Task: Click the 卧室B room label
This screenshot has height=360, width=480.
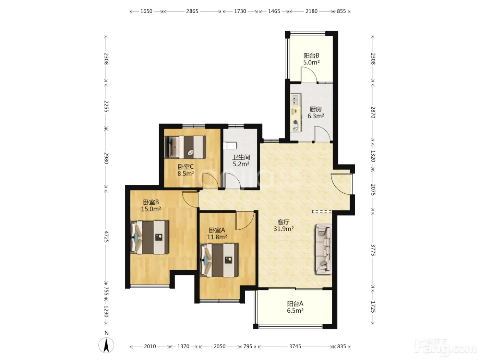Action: (151, 202)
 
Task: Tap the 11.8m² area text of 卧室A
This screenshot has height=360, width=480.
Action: (217, 237)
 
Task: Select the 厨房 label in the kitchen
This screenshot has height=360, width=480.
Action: (315, 109)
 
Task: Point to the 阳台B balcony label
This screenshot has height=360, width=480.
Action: (311, 56)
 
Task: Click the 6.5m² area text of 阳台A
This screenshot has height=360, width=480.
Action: (295, 311)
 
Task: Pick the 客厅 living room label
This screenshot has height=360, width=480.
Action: (284, 222)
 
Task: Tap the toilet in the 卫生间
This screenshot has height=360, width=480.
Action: (230, 146)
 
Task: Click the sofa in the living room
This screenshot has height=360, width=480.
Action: (323, 249)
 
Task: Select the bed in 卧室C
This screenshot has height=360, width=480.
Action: (185, 147)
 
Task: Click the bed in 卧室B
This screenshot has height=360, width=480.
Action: (149, 237)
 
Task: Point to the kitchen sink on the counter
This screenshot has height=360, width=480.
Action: (296, 100)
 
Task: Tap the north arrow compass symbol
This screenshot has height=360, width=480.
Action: (106, 345)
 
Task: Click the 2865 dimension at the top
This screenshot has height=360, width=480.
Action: (192, 11)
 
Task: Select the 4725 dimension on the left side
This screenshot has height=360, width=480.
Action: (106, 237)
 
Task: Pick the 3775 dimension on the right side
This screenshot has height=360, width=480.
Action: (373, 250)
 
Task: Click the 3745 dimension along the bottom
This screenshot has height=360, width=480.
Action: (295, 346)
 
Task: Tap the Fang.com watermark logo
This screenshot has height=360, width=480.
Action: (446, 347)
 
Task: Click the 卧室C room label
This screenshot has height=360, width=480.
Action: (185, 167)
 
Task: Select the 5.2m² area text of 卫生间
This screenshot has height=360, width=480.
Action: (241, 164)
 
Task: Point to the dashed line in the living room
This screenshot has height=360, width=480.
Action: (322, 212)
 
